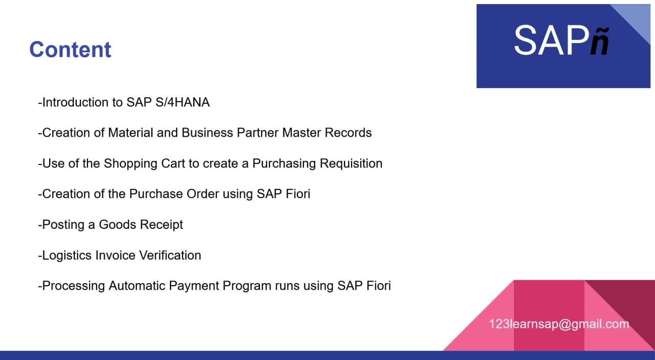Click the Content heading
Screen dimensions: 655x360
(70, 50)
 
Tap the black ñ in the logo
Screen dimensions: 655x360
(600, 41)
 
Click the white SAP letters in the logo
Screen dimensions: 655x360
(552, 40)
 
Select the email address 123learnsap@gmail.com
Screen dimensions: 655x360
(559, 324)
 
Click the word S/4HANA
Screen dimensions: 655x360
(183, 102)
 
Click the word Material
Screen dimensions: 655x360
(130, 133)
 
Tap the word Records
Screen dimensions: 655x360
(348, 133)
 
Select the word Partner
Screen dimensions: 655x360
(257, 133)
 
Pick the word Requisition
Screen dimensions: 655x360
(351, 163)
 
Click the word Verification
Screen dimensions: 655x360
(170, 255)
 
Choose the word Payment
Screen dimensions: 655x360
(194, 286)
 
